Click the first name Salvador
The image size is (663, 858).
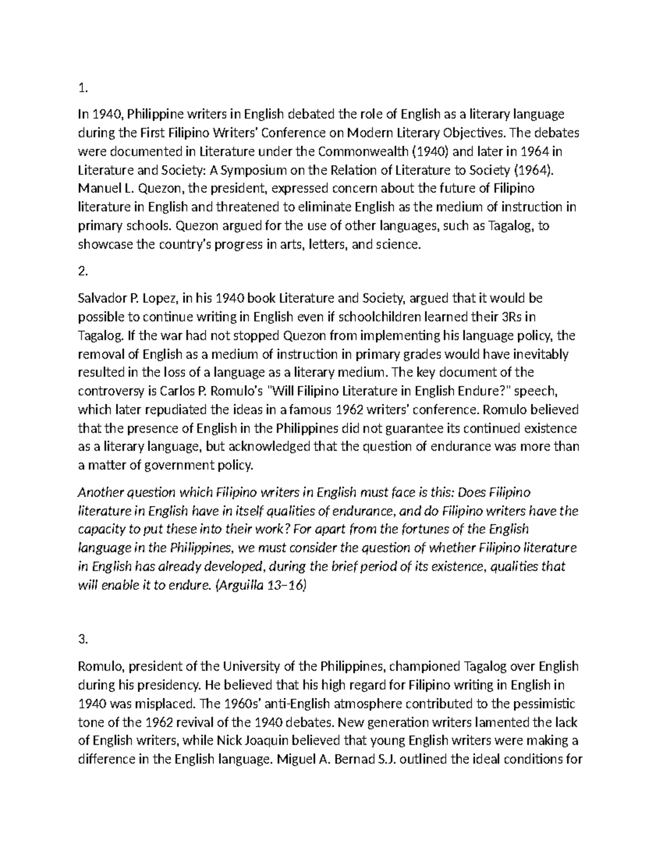point(102,299)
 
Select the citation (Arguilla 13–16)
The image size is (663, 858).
point(259,586)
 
